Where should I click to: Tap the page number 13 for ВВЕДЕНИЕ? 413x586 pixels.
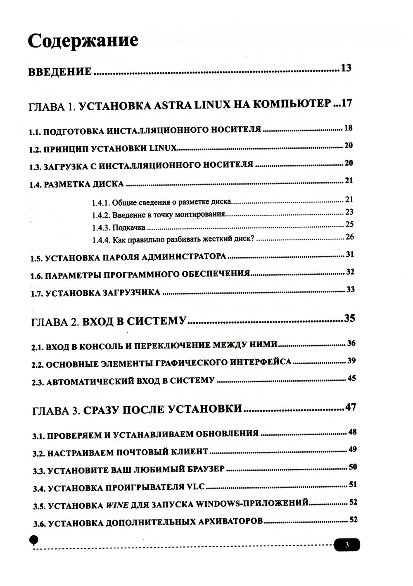[346, 68]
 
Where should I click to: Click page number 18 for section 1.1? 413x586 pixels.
[348, 128]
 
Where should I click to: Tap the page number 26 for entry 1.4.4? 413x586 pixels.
[349, 237]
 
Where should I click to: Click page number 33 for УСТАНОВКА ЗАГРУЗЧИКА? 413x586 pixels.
[350, 289]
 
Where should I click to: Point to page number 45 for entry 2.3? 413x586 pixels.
[351, 378]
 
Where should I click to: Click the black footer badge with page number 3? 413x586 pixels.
[347, 545]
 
